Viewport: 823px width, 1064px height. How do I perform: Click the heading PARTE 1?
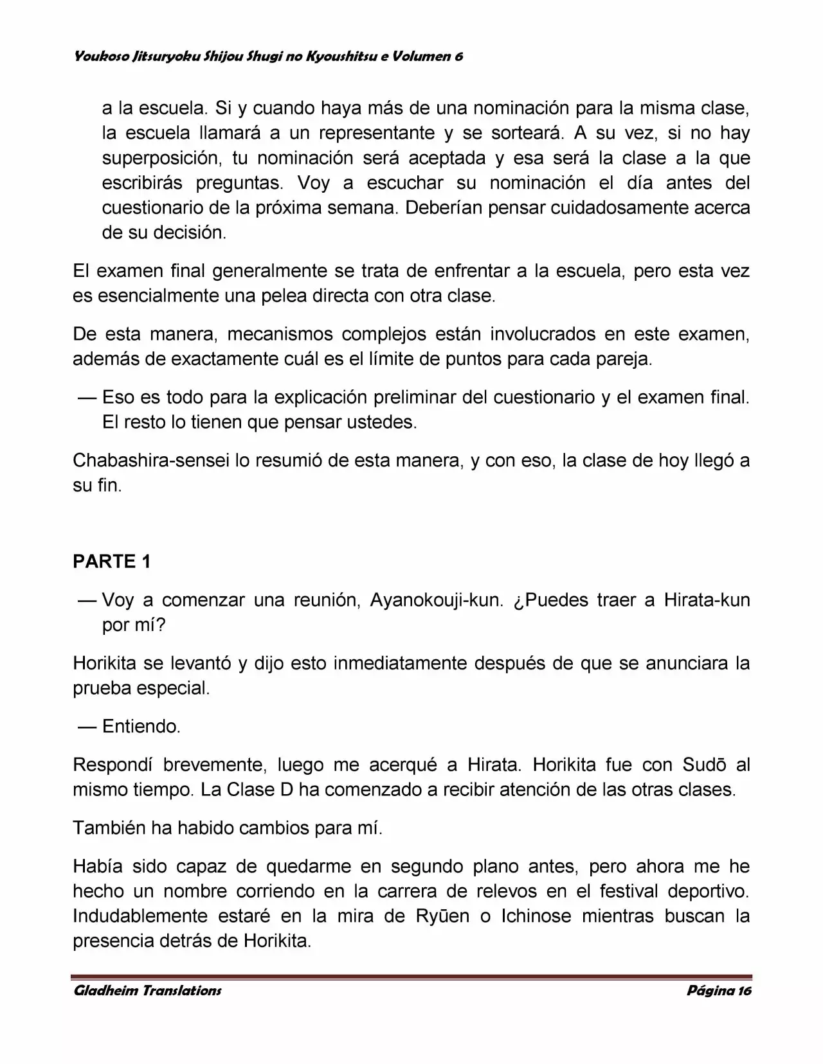(x=112, y=562)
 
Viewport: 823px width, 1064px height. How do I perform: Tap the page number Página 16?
(x=719, y=990)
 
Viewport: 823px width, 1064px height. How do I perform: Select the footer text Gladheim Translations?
(x=147, y=990)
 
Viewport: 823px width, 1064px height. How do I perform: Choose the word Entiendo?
(x=141, y=727)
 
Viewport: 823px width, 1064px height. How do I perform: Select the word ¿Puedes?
(x=551, y=600)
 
